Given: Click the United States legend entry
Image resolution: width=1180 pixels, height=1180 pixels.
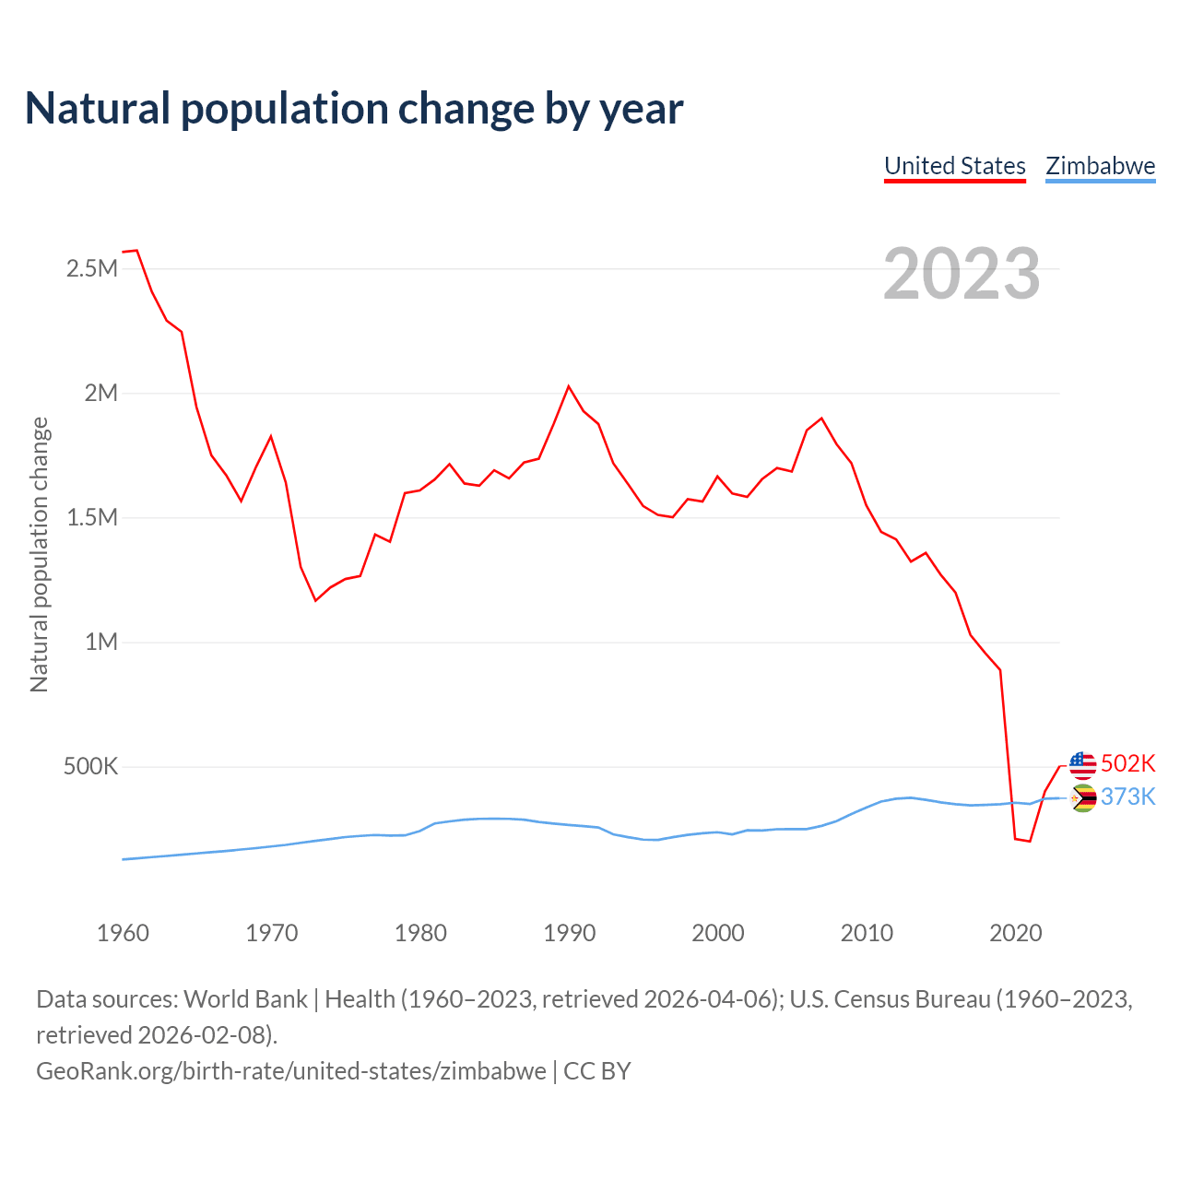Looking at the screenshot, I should pyautogui.click(x=954, y=166).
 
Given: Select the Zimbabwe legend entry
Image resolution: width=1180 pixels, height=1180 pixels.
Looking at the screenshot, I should pyautogui.click(x=1100, y=166).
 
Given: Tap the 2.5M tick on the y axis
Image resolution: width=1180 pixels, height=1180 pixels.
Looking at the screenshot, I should pyautogui.click(x=91, y=269).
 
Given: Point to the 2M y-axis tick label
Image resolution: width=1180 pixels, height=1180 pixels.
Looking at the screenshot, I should pyautogui.click(x=100, y=394).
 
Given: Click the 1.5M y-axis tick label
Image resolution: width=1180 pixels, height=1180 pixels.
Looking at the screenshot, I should pyautogui.click(x=91, y=518).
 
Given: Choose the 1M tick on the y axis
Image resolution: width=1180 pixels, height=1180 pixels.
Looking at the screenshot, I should pyautogui.click(x=100, y=643).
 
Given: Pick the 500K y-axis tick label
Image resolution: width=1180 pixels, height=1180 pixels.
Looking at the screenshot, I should pyautogui.click(x=90, y=767).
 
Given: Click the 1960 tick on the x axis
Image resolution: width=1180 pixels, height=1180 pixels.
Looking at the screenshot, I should pyautogui.click(x=123, y=933).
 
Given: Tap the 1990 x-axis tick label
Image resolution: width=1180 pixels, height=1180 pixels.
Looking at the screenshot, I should pyautogui.click(x=569, y=933).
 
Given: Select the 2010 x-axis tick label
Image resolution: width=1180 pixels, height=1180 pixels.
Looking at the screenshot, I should pyautogui.click(x=867, y=933).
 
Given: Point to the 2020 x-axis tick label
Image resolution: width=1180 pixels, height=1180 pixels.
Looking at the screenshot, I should pyautogui.click(x=1015, y=933).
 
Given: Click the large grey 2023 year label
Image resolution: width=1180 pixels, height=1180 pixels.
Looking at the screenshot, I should pyautogui.click(x=962, y=274).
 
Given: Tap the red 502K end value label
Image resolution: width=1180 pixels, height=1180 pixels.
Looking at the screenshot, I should pyautogui.click(x=1127, y=764).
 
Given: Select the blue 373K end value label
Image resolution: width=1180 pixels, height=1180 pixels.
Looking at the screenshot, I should pyautogui.click(x=1127, y=796).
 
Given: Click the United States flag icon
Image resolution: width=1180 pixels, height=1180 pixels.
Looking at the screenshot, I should pyautogui.click(x=1082, y=764).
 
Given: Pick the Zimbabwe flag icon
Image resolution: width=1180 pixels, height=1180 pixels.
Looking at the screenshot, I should pyautogui.click(x=1082, y=798).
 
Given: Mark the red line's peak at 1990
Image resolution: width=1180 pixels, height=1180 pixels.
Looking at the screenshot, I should pyautogui.click(x=569, y=386).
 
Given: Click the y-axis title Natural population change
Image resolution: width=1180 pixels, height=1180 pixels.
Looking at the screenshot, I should pyautogui.click(x=40, y=554).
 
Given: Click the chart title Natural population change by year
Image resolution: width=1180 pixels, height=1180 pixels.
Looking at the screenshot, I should pyautogui.click(x=354, y=109).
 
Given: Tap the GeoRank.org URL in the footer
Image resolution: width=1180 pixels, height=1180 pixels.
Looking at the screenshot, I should pyautogui.click(x=291, y=1071).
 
